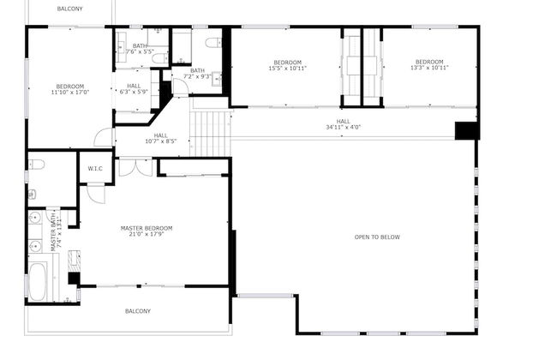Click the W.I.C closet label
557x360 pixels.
(x=95, y=169)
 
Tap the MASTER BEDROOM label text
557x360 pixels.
(x=146, y=228)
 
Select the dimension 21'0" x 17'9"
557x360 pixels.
(x=146, y=234)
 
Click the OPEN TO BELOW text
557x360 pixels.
(x=377, y=237)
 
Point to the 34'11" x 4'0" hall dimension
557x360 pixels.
(x=343, y=128)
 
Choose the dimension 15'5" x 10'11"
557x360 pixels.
(x=287, y=68)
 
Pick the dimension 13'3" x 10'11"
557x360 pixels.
(x=429, y=68)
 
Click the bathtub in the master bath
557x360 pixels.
(x=39, y=283)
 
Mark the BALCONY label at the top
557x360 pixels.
(x=70, y=9)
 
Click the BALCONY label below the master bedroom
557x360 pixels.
(x=138, y=311)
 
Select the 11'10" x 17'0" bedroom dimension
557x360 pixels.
(x=70, y=92)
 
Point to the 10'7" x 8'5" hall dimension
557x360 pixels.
(x=161, y=141)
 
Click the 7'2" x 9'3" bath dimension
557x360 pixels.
(x=197, y=77)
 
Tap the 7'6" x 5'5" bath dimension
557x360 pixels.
(x=140, y=52)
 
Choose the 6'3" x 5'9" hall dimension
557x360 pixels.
(x=134, y=92)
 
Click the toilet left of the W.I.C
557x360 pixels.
(x=36, y=165)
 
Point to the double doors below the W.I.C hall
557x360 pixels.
(x=135, y=167)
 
